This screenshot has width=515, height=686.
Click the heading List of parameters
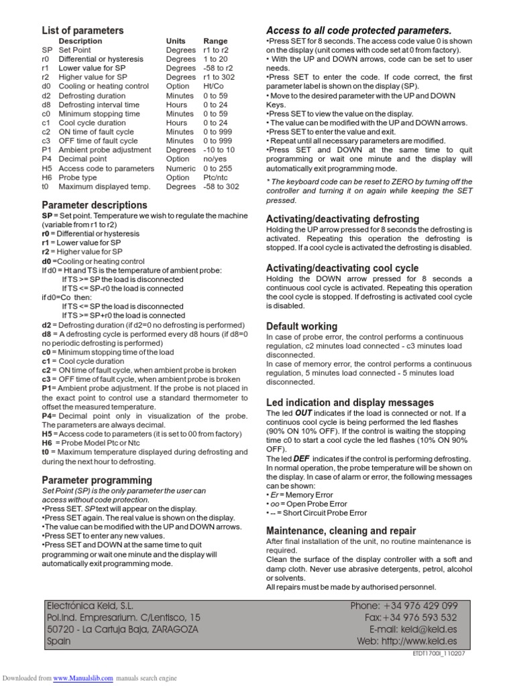click(x=82, y=30)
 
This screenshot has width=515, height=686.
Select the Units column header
click(x=176, y=41)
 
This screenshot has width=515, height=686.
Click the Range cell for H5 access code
click(x=217, y=168)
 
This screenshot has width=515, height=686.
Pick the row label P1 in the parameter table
click(x=46, y=150)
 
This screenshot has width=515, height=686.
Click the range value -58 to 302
click(x=221, y=187)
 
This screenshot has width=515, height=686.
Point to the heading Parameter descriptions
click(x=95, y=204)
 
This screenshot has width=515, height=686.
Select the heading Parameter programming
click(x=97, y=480)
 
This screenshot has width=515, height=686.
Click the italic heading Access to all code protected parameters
click(x=359, y=30)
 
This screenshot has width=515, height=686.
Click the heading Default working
click(x=301, y=326)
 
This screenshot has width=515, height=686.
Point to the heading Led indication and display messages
click(x=350, y=402)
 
